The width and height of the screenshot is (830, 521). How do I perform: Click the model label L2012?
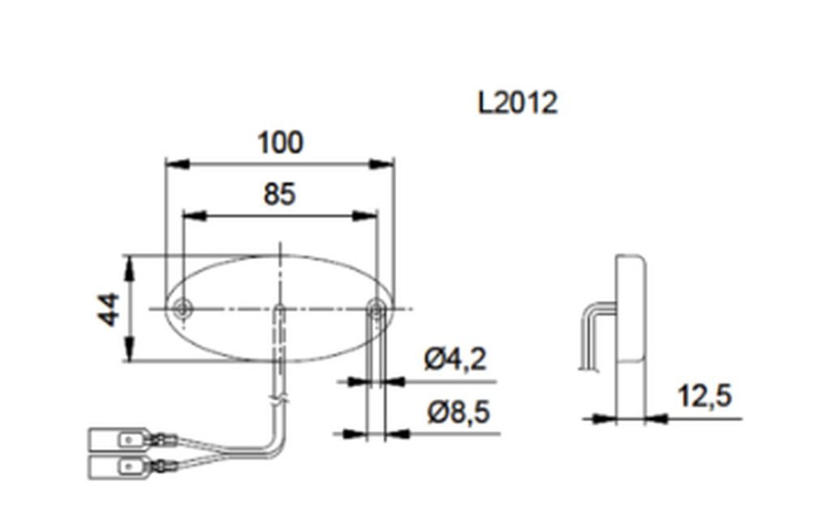pos(518,103)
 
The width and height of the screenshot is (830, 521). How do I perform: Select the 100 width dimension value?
pos(280,143)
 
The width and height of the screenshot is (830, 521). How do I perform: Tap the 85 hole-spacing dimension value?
pos(280,194)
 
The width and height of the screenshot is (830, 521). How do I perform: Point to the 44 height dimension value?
pos(109,309)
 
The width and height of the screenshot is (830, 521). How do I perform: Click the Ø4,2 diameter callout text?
pos(456,360)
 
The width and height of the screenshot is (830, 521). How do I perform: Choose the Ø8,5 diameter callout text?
pos(459,412)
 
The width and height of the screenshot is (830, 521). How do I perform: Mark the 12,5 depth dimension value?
pos(705,395)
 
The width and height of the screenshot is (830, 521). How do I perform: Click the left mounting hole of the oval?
pos(183,308)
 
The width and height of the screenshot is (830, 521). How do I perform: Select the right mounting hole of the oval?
pos(376,309)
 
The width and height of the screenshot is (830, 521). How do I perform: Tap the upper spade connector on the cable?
pos(120,438)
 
